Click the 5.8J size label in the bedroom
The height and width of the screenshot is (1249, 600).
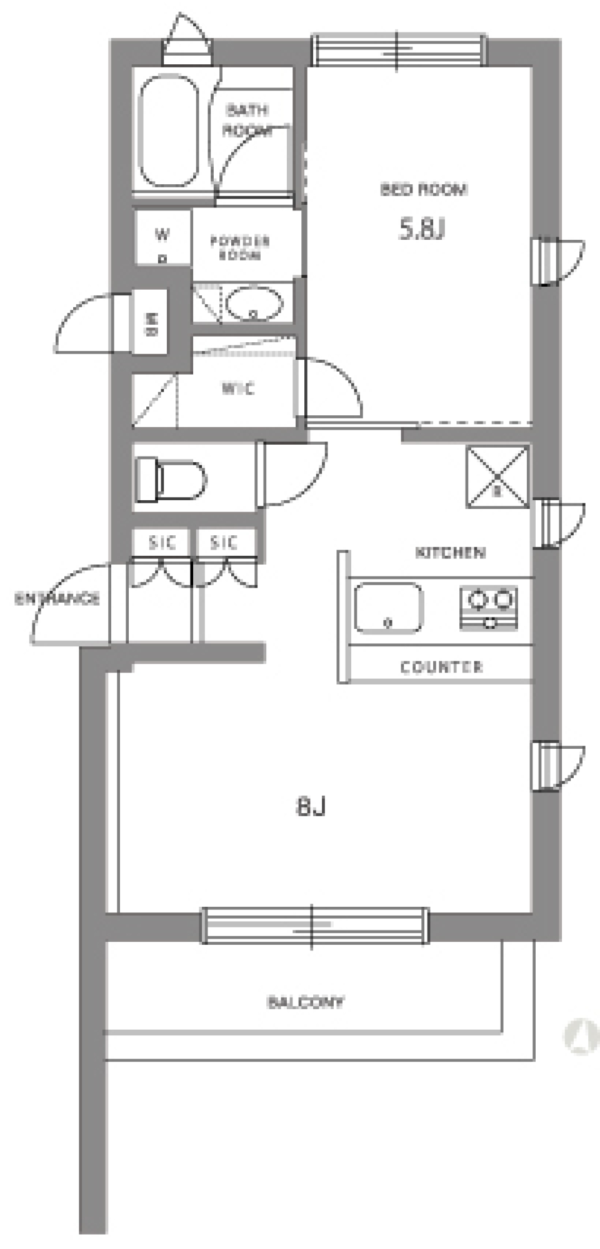[422, 230]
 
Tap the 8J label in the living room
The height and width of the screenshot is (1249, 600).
[311, 807]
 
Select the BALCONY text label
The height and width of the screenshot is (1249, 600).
[306, 1002]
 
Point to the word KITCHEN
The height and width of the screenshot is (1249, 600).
[450, 553]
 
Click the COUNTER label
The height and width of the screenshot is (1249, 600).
[441, 667]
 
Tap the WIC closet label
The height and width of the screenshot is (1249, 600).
[238, 389]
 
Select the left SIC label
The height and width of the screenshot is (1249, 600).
[162, 542]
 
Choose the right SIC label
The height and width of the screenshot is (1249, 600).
[224, 542]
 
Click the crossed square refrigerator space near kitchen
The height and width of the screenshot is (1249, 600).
[497, 476]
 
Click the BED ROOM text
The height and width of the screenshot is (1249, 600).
[424, 189]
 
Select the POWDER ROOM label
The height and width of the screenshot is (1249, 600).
[240, 247]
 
